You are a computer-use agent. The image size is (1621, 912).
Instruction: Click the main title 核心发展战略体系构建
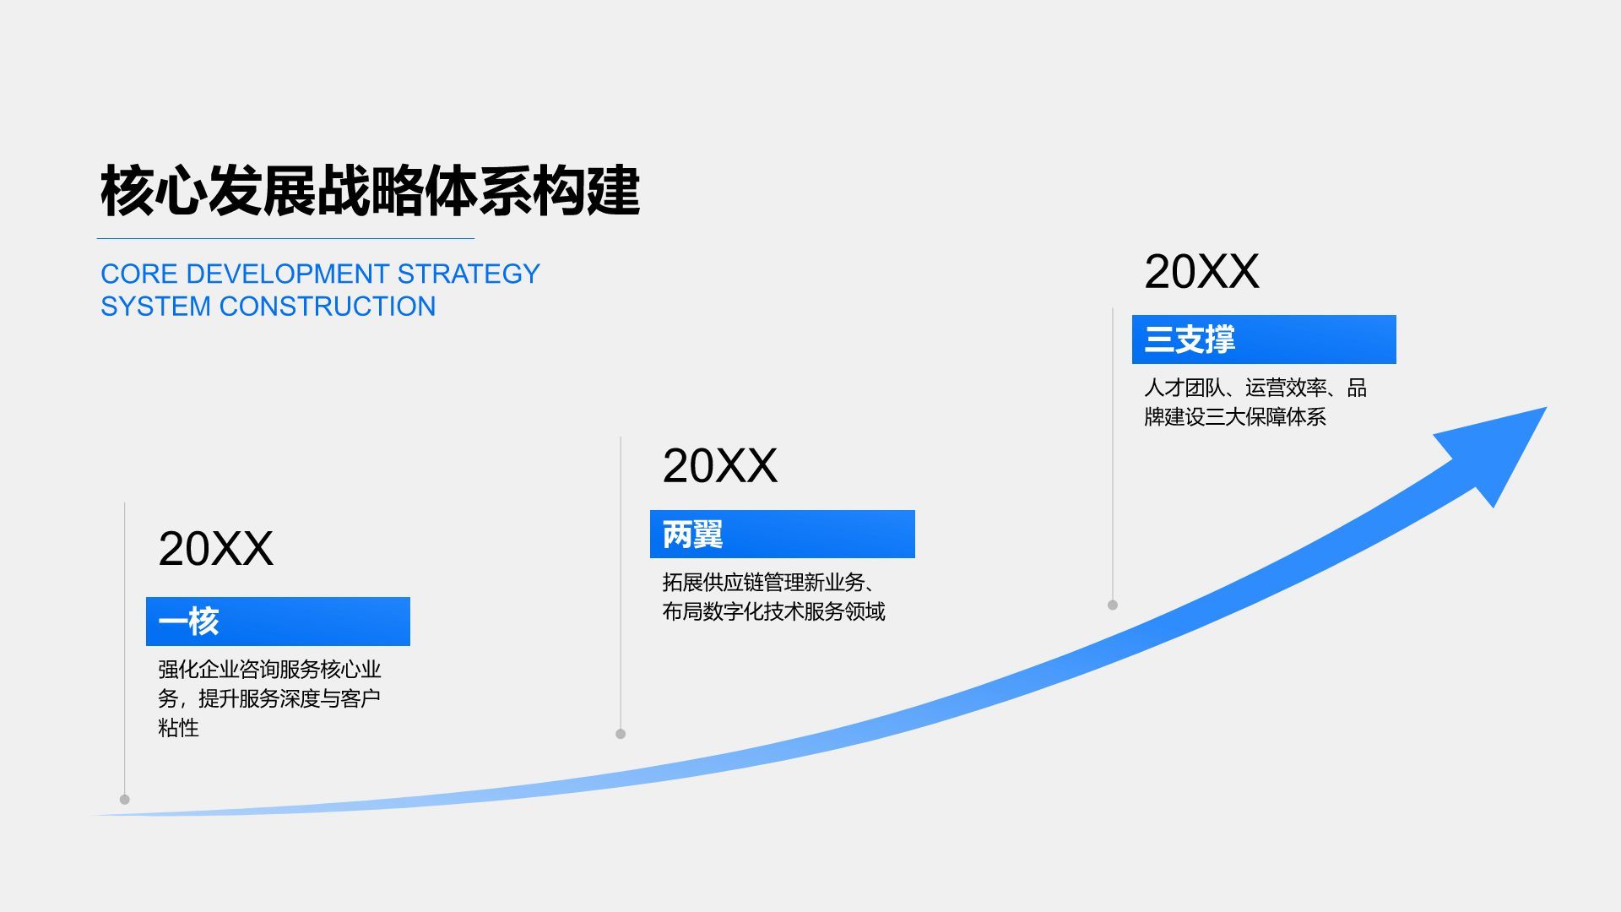point(370,191)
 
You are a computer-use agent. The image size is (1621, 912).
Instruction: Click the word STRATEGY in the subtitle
point(468,274)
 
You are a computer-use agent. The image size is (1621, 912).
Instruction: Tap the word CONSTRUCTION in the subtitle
point(327,306)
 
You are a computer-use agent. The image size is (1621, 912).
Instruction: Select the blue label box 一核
point(278,622)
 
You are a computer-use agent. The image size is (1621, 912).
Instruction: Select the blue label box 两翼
point(782,534)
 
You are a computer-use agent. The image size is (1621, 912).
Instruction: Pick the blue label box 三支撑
point(1263,339)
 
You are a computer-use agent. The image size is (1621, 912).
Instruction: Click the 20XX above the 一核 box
point(215,549)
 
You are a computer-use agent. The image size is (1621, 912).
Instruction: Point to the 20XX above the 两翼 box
point(719,465)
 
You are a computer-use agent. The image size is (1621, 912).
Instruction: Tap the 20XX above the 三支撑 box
point(1201,272)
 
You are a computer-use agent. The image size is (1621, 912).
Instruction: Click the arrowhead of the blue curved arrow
point(1503,448)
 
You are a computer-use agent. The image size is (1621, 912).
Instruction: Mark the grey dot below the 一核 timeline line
point(125,799)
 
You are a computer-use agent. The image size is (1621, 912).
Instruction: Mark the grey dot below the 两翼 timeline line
point(621,734)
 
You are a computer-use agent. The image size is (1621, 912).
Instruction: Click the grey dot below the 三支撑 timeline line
point(1113,605)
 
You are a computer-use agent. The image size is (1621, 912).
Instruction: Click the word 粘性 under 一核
point(178,727)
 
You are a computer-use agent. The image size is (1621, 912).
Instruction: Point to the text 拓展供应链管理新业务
point(763,582)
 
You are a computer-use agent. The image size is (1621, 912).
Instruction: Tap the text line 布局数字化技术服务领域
point(773,611)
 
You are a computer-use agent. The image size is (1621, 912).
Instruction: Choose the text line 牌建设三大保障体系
point(1234,416)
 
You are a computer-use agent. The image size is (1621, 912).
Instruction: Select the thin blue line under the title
point(285,239)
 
